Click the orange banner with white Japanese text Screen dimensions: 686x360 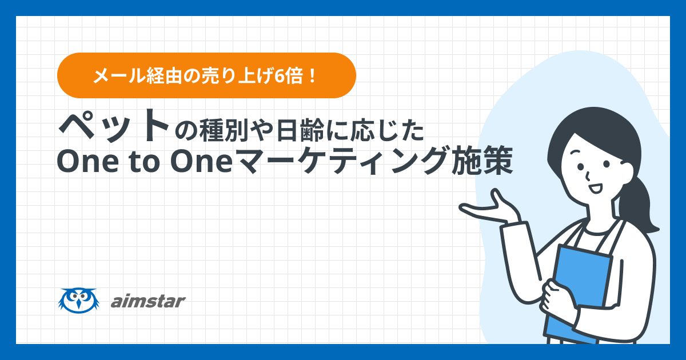click(x=206, y=75)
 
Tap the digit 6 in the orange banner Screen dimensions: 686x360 click(x=278, y=76)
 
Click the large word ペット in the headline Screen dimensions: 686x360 click(x=114, y=126)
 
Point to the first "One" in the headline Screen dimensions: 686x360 click(x=88, y=161)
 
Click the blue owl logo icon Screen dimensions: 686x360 click(x=79, y=301)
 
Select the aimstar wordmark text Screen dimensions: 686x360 click(x=148, y=301)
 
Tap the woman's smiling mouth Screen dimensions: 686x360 click(x=596, y=188)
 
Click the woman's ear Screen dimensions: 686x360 click(x=625, y=172)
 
